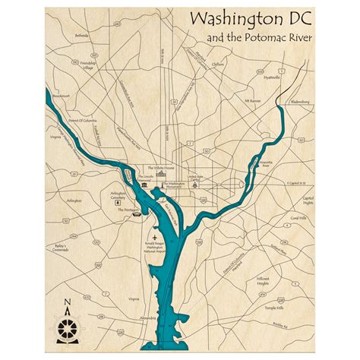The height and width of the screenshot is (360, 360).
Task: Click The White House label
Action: (x=159, y=166)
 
